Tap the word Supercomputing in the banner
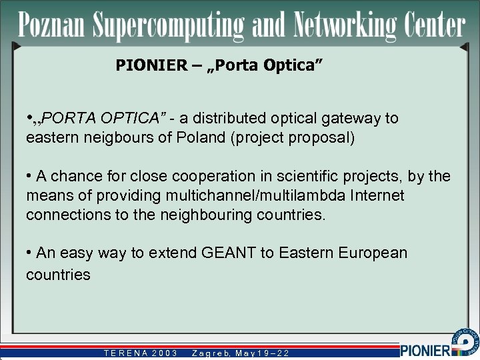click(169, 27)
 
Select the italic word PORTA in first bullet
click(71, 119)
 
